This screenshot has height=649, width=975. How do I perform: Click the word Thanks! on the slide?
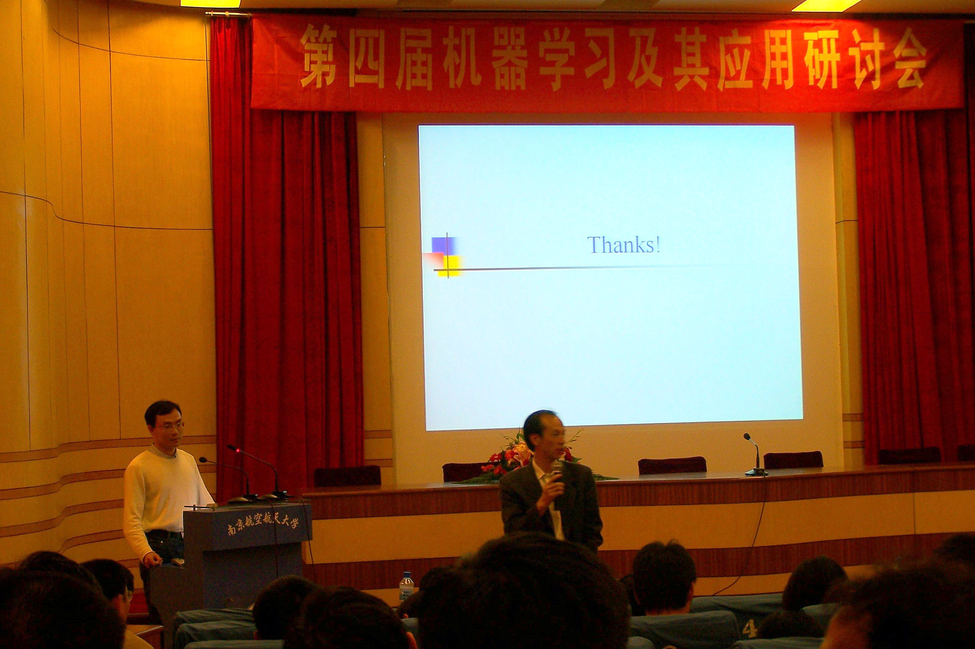click(623, 245)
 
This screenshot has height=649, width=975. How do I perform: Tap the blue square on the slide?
click(444, 245)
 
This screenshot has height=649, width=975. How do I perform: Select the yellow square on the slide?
click(450, 266)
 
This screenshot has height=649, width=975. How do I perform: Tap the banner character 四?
click(366, 57)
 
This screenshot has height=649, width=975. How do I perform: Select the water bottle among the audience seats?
click(406, 586)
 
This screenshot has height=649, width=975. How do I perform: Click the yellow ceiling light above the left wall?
click(210, 3)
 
